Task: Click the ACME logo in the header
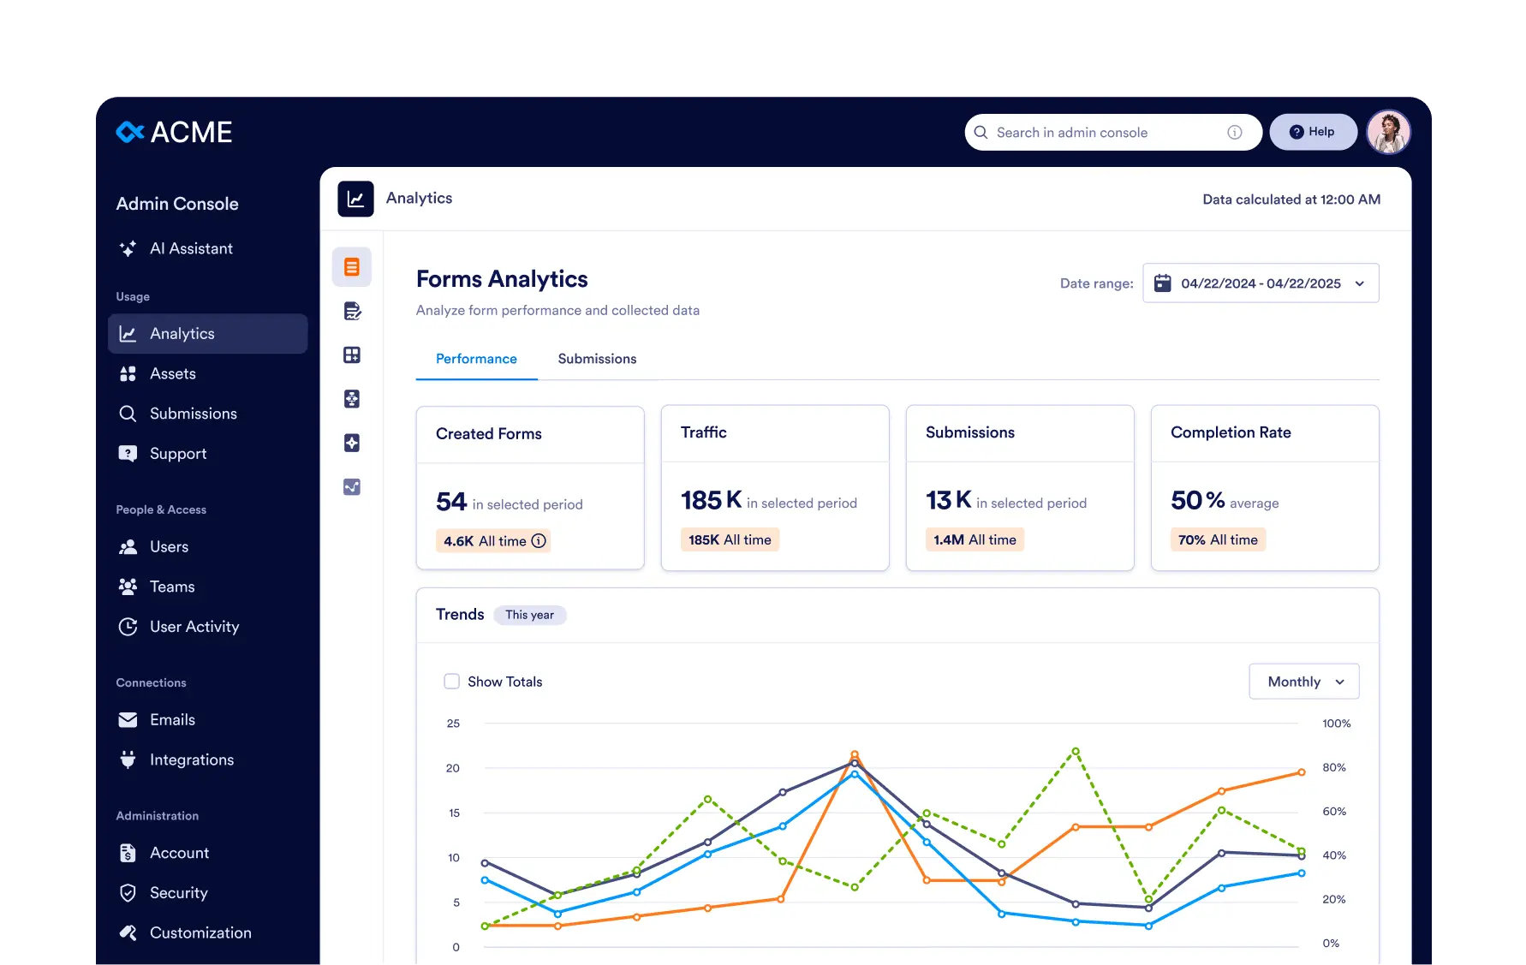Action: (x=174, y=132)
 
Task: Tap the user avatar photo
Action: (x=1387, y=132)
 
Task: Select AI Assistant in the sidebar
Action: (x=190, y=248)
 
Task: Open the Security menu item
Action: (x=178, y=893)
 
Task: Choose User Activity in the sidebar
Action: (x=194, y=627)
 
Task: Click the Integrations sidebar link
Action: (x=191, y=759)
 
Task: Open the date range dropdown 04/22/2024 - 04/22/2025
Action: (x=1261, y=283)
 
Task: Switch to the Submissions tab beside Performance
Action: (x=597, y=359)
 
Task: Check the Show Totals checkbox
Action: (x=451, y=682)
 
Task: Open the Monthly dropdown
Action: (x=1303, y=682)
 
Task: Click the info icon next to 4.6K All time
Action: (x=539, y=541)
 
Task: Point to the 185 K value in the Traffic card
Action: (x=711, y=500)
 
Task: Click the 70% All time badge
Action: (x=1217, y=539)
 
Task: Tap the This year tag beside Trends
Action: (x=529, y=615)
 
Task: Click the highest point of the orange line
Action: (x=855, y=754)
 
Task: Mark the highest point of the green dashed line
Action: (x=1076, y=751)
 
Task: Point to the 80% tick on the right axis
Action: (x=1333, y=767)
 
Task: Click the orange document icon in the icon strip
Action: (x=352, y=267)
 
